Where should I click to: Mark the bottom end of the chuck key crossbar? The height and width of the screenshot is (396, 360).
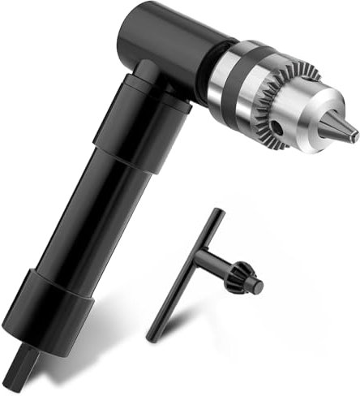pos(151,335)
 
